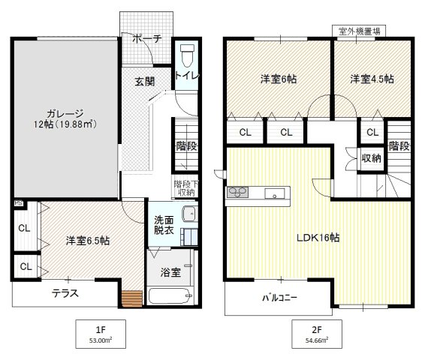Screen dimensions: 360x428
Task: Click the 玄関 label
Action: pyautogui.click(x=145, y=82)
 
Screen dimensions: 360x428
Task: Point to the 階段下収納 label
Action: pyautogui.click(x=184, y=187)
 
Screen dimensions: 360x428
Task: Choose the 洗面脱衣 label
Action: pyautogui.click(x=165, y=226)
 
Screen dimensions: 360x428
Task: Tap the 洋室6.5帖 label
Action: pyautogui.click(x=87, y=241)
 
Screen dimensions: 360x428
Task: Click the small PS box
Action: pyautogui.click(x=17, y=202)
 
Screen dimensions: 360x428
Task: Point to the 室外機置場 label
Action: pyautogui.click(x=358, y=31)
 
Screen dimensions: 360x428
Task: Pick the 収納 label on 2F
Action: pyautogui.click(x=372, y=157)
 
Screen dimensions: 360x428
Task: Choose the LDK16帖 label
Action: pyautogui.click(x=318, y=238)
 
